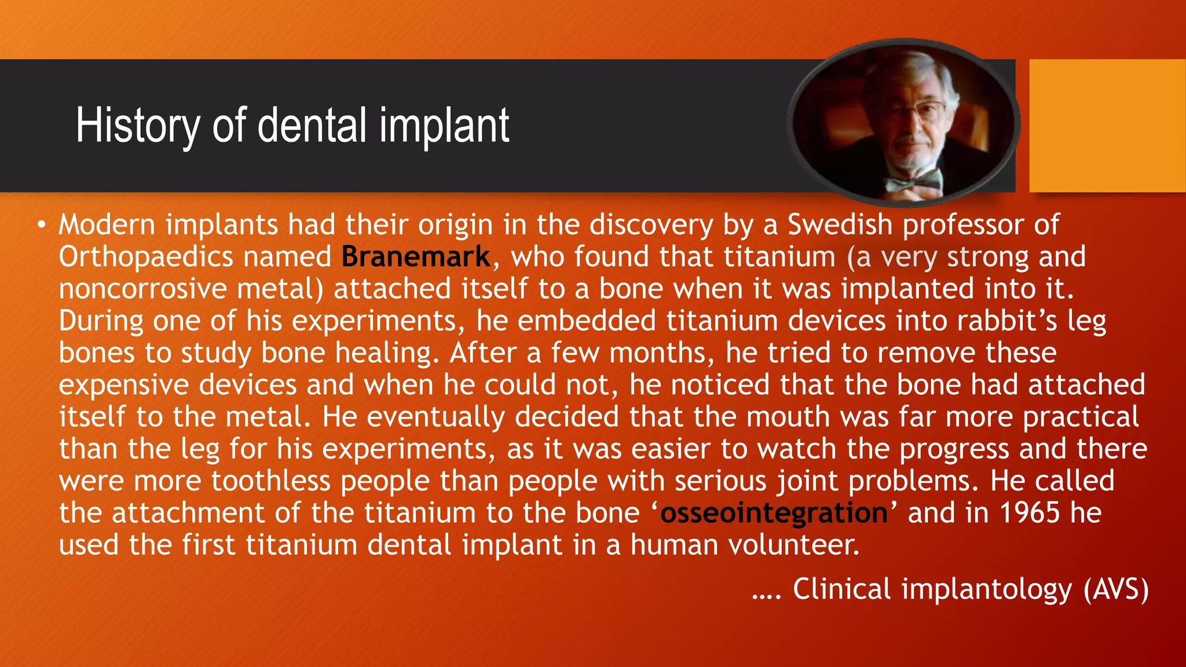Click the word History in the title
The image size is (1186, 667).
click(x=137, y=126)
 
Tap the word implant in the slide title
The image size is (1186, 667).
click(x=444, y=126)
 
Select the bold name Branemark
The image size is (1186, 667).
click(x=416, y=256)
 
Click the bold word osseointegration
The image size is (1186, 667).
click(x=774, y=513)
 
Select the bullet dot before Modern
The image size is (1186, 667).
click(x=41, y=225)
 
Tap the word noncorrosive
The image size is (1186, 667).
click(x=142, y=289)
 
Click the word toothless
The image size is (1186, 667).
click(x=270, y=481)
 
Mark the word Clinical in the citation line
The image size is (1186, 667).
click(x=841, y=589)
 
